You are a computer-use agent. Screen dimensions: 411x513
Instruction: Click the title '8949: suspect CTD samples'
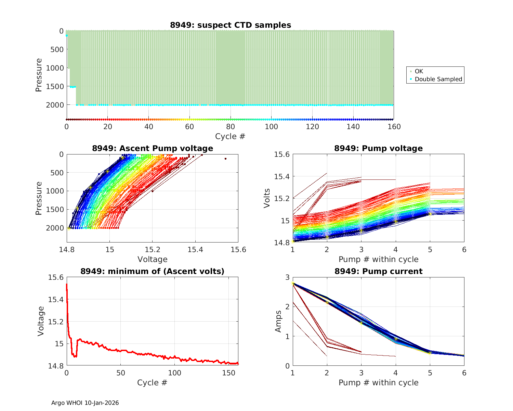coord(231,25)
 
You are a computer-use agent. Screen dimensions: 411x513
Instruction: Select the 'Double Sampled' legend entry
coord(438,79)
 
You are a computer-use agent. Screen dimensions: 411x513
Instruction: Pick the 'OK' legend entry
coord(419,71)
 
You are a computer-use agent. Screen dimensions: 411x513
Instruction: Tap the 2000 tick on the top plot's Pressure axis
coord(55,105)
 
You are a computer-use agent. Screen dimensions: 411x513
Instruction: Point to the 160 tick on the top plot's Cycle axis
coord(394,127)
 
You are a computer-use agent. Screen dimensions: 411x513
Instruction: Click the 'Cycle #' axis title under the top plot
coord(230,136)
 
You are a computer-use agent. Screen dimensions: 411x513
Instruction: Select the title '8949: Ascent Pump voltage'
coord(153,148)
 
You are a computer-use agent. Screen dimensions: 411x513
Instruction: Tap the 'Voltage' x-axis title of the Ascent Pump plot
coord(153,259)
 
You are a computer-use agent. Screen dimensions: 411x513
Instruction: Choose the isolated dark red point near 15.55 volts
coord(225,159)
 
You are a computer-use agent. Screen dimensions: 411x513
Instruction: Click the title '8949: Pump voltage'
coord(378,148)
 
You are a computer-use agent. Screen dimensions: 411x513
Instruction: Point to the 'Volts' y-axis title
coord(267,198)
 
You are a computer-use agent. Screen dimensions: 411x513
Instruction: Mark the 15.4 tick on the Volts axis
coord(282,176)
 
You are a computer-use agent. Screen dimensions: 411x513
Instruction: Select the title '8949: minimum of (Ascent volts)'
coord(153,271)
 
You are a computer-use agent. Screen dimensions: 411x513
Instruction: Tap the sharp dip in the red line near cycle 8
coord(75,357)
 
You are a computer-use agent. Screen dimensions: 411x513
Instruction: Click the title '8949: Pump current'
coord(378,271)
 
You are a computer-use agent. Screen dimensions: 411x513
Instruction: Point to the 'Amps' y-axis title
coord(279,321)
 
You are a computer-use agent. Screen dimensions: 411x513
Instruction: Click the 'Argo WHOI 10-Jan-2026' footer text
coord(85,403)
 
